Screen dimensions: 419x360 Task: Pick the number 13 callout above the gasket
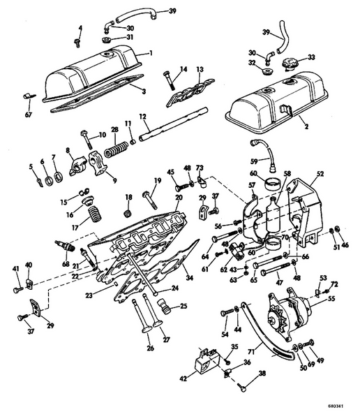(200, 70)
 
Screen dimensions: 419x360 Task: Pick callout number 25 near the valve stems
(183, 305)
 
